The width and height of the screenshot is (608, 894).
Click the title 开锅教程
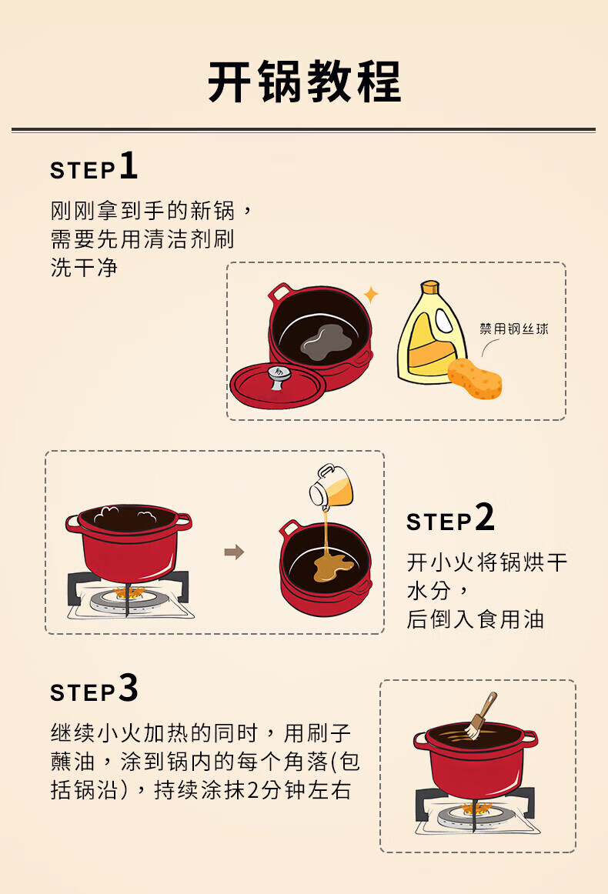[304, 82]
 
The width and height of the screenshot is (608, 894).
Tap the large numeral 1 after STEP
[129, 166]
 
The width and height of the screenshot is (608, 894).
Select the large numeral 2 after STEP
[484, 517]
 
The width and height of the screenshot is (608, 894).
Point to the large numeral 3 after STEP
[129, 688]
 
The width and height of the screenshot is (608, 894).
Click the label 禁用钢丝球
[514, 329]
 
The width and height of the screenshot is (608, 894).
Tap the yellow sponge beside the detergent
[475, 379]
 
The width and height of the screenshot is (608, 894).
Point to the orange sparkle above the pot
[371, 294]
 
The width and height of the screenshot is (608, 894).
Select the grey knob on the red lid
[278, 377]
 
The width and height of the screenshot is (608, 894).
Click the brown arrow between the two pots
[234, 552]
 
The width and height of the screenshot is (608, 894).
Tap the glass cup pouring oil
[331, 485]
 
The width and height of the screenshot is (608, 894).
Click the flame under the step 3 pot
[477, 808]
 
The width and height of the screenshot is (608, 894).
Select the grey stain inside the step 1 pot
[327, 342]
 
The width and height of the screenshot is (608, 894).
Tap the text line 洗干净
[84, 267]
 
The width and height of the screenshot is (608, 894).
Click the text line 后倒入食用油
[475, 619]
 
